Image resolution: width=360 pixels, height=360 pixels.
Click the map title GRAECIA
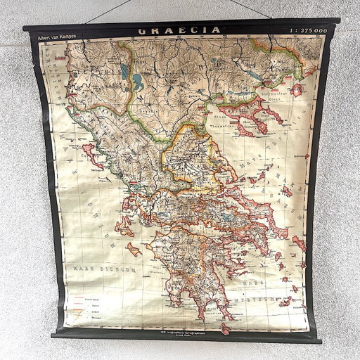point(179,31)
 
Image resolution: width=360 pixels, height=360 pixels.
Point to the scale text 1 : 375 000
point(307,32)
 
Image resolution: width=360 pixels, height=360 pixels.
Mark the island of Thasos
point(297,89)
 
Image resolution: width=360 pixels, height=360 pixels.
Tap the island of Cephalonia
point(124,225)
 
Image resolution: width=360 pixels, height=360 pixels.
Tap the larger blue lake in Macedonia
point(124,71)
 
